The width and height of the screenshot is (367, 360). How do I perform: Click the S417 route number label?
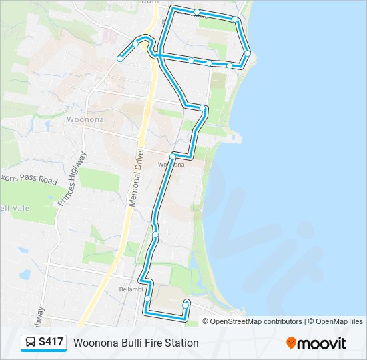(x=51, y=343)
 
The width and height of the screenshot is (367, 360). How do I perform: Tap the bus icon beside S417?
(x=31, y=343)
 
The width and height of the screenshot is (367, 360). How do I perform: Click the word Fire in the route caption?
(x=156, y=343)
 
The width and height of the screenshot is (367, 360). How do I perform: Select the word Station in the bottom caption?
(x=183, y=343)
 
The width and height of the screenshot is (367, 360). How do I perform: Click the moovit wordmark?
(x=322, y=343)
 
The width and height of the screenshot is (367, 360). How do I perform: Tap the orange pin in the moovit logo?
(x=291, y=343)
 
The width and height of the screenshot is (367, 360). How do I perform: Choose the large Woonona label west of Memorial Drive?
(x=85, y=119)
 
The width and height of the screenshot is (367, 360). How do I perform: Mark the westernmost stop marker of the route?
(x=120, y=59)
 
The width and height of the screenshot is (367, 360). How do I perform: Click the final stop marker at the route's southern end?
(x=186, y=303)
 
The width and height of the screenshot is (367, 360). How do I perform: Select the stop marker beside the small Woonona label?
(x=173, y=156)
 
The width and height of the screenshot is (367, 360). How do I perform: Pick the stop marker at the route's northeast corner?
(x=235, y=19)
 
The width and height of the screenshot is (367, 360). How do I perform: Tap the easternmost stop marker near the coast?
(x=248, y=53)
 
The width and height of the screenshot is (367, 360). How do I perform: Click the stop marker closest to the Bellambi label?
(x=147, y=298)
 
